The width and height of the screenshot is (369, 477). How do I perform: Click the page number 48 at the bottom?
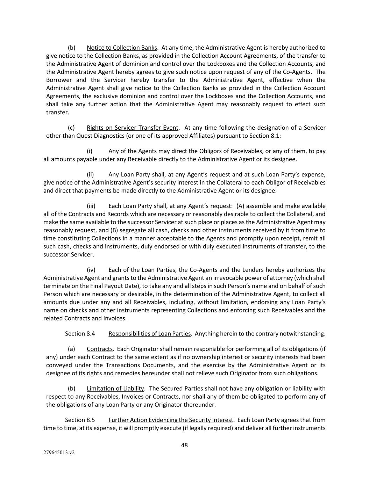pos(184,445)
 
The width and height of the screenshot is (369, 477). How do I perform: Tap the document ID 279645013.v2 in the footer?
pos(59,453)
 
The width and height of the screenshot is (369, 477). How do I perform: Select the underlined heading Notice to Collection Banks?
pos(122,48)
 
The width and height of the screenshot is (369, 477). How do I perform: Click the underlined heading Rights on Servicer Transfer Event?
pos(133,128)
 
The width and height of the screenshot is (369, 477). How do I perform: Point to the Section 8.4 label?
pos(80,333)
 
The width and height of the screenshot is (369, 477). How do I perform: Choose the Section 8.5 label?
pos(80,420)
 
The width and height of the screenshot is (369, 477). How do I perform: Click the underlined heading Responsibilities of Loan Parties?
pos(149,333)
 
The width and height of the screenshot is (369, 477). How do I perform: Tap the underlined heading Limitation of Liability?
pos(115,388)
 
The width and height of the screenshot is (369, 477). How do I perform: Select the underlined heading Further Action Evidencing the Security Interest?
pos(171,420)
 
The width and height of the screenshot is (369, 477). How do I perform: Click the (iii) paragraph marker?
pos(91,206)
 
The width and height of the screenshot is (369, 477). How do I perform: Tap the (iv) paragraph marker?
pos(91,270)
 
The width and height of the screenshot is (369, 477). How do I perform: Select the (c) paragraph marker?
pos(71,128)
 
